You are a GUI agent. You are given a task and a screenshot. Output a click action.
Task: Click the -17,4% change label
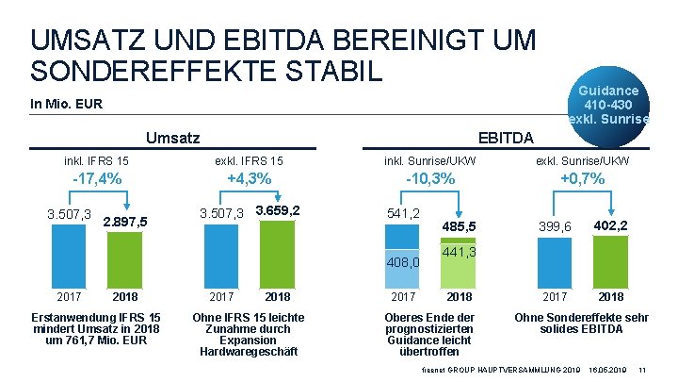96,179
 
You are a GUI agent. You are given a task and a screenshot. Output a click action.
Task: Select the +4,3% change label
250,179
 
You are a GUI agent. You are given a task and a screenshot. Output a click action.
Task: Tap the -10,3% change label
429,179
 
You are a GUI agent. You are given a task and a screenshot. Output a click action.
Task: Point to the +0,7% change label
582,179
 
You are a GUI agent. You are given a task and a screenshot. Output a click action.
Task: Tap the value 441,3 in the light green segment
459,253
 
